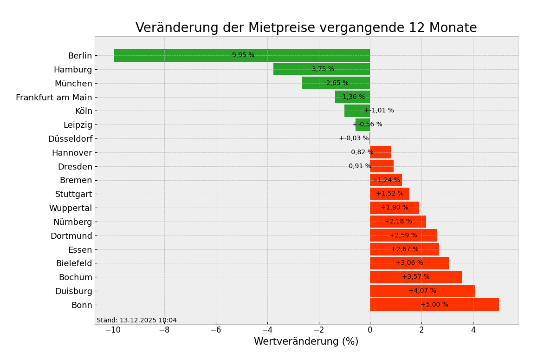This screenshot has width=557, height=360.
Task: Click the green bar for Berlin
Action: coord(186,55)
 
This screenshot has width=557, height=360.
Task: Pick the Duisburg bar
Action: coord(446,291)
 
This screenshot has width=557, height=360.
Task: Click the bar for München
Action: coord(316,83)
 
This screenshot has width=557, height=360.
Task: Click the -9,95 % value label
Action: coord(242,55)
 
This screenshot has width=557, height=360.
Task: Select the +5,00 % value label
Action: coord(434,305)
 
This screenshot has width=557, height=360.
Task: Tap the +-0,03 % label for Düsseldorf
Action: coord(354,138)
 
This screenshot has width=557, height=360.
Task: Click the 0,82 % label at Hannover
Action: coord(362,152)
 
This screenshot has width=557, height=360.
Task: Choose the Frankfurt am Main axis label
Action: coord(54,98)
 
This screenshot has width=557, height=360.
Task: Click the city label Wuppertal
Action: coord(71,208)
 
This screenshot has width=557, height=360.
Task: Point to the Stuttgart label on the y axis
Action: coord(73,194)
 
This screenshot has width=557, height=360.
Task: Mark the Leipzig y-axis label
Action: coord(78,125)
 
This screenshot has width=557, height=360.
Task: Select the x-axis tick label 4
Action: coord(473,330)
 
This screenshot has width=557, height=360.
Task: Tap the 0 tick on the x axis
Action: coord(370,330)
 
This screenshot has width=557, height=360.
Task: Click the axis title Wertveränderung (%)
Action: coord(306,342)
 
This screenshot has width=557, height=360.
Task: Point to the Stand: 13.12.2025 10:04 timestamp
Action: coord(136,321)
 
